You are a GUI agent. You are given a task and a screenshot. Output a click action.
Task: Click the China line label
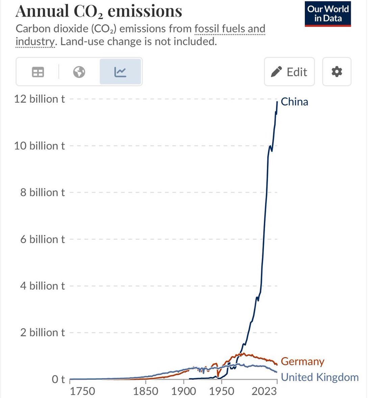pos(294,102)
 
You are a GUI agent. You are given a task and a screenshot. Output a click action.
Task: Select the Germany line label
pos(302,361)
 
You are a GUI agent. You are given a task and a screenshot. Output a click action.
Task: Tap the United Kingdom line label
pos(320,377)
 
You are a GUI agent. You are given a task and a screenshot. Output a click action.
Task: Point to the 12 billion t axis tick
pos(40,99)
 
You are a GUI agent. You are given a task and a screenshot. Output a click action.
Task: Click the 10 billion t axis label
pos(40,146)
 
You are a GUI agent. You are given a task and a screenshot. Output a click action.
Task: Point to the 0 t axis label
pos(58,379)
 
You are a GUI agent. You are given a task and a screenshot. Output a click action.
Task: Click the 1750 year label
pos(83,391)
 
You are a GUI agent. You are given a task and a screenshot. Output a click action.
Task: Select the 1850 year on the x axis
pos(146,391)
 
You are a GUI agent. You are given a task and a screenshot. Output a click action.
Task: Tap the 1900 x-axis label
pos(183,391)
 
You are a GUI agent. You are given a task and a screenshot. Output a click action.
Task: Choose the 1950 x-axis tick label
pos(221,391)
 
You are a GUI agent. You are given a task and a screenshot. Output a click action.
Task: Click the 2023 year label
pos(264,391)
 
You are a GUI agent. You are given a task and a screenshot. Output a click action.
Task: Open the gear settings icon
pos(337,72)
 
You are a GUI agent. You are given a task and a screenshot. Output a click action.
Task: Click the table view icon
pos(38,72)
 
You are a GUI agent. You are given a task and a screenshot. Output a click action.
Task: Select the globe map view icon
pos(79,72)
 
